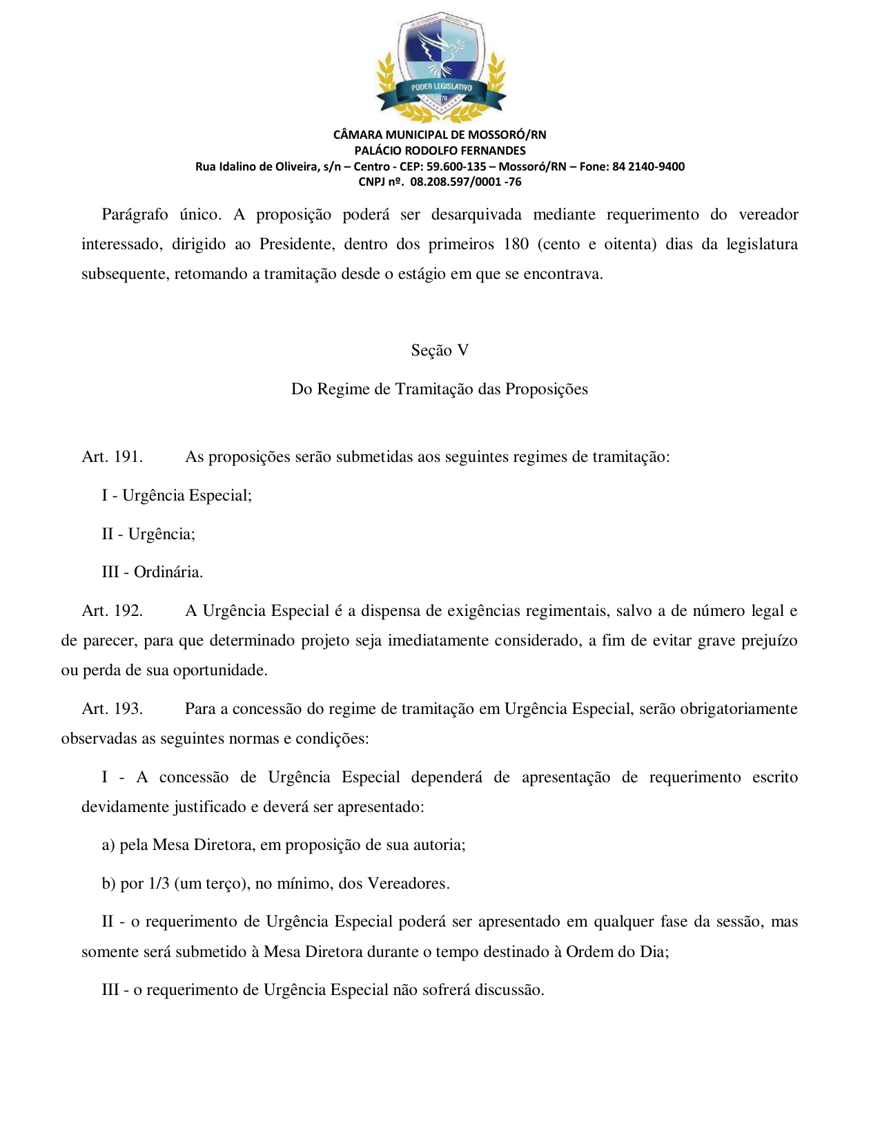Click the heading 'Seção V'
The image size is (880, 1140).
coord(440,350)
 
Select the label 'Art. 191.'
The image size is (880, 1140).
coord(112,456)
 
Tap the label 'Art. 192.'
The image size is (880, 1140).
coord(112,610)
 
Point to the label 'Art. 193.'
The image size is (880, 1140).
coord(112,708)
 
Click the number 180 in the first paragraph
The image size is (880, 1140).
coord(516,244)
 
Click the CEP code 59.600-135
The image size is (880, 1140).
coord(456,166)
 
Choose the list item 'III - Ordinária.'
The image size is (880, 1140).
coord(153,572)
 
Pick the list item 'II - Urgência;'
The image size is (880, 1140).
coord(148,534)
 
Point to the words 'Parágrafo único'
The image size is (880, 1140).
coord(161,214)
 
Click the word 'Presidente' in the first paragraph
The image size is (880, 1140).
coord(296,244)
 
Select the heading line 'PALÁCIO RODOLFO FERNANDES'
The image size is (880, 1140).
coord(440,151)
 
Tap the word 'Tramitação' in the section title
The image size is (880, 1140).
coord(434,389)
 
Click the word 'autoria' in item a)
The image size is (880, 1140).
coord(439,844)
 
